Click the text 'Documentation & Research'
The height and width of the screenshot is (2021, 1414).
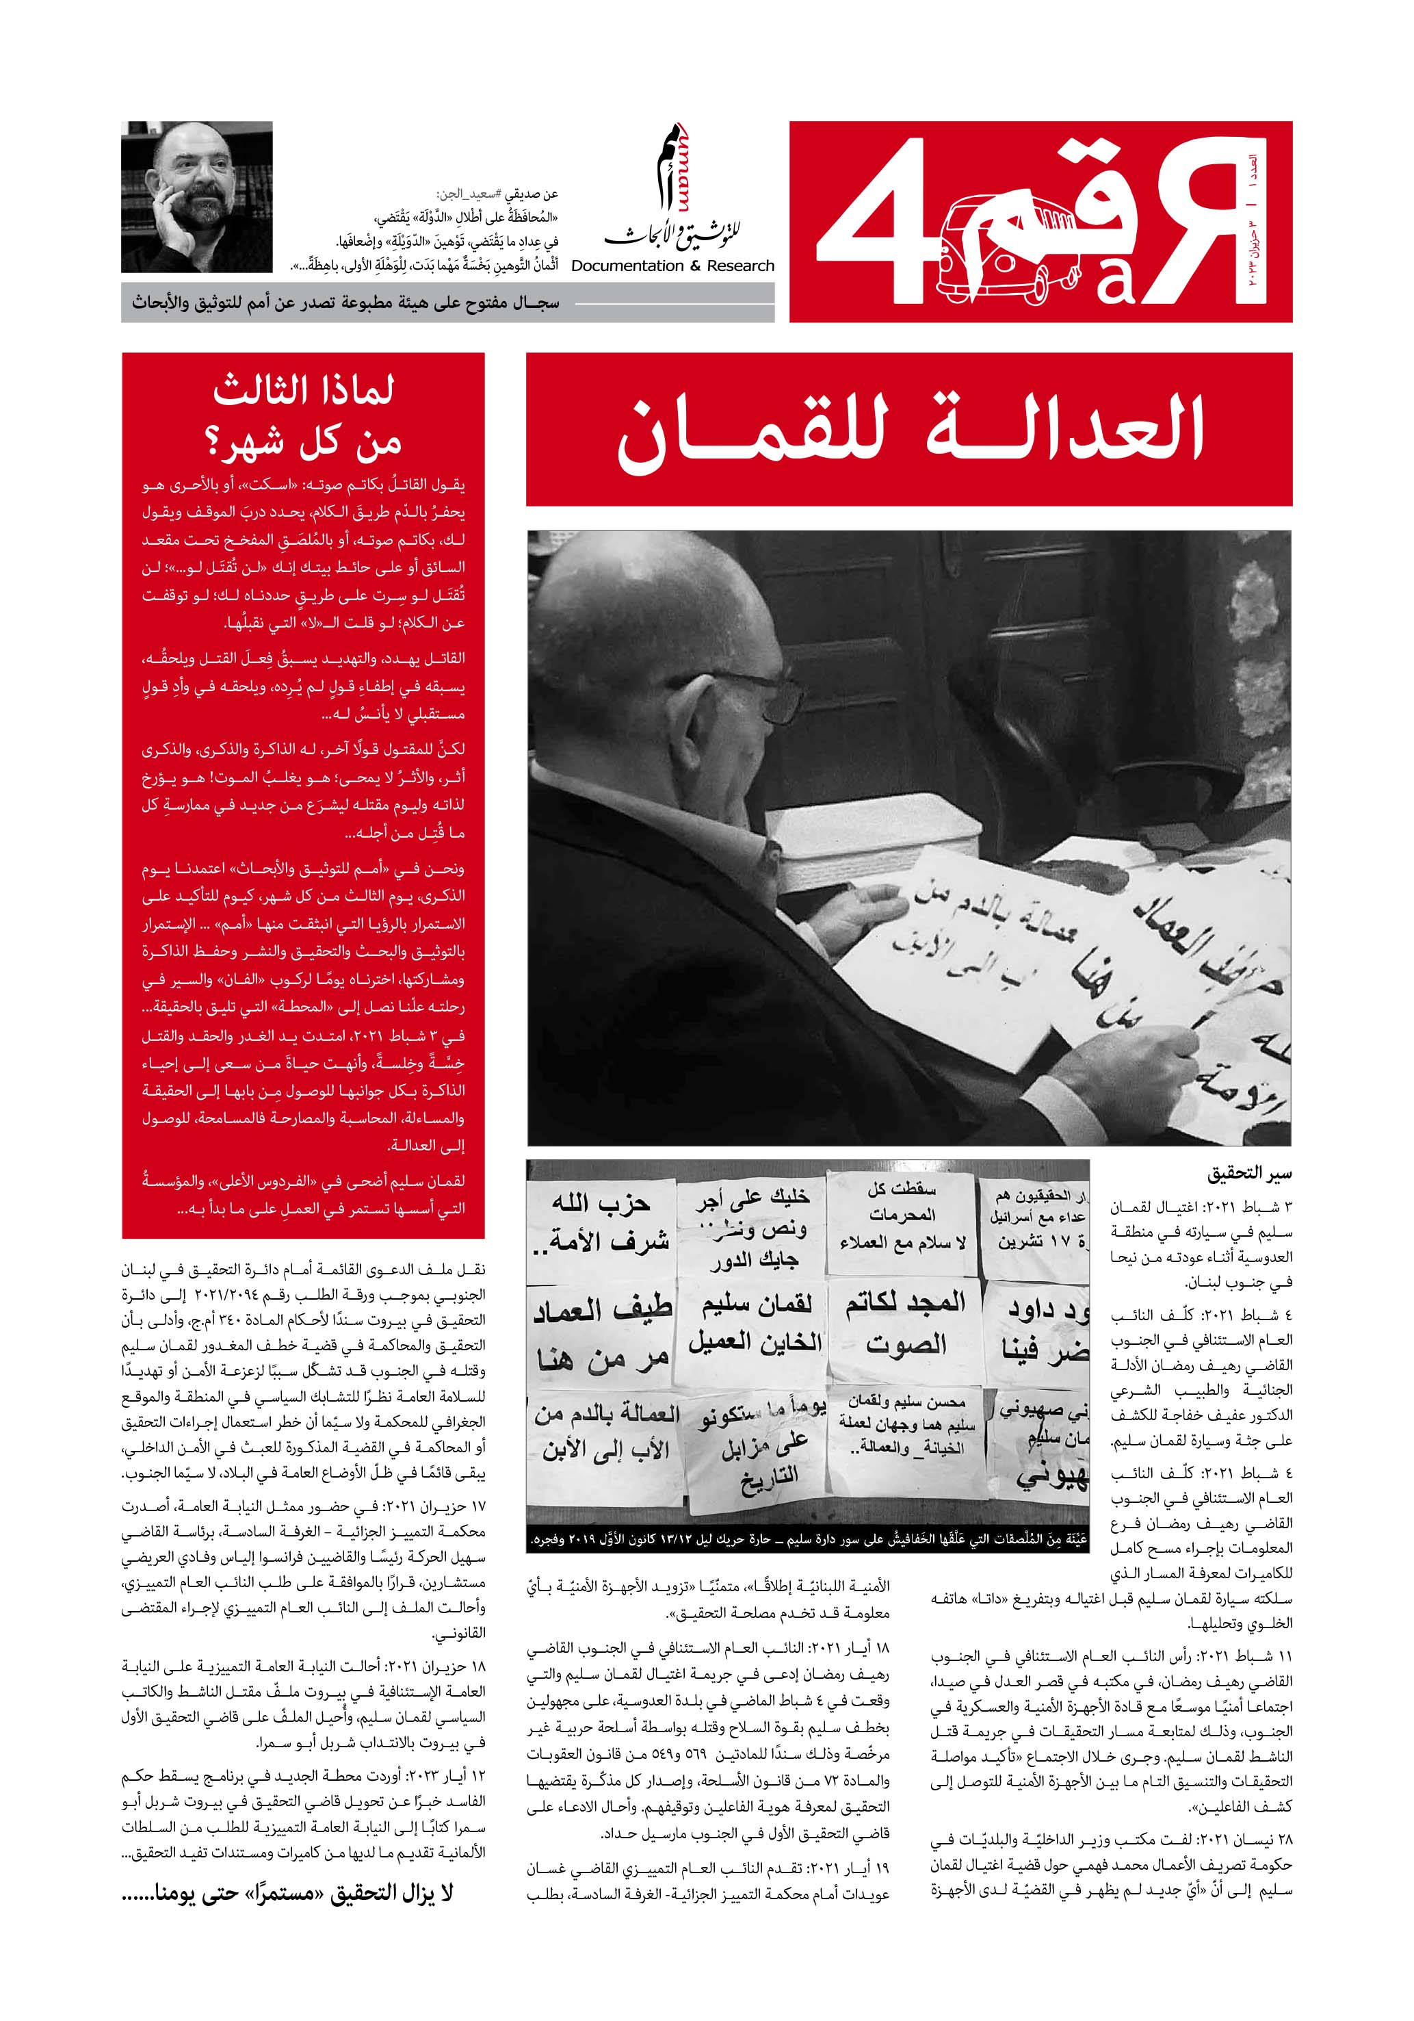click(672, 266)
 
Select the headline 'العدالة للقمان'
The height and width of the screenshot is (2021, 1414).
click(909, 430)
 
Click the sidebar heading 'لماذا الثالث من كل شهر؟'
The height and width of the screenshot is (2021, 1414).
click(304, 413)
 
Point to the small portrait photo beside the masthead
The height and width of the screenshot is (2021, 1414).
click(197, 196)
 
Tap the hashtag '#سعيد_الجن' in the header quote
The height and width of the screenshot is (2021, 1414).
click(470, 194)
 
